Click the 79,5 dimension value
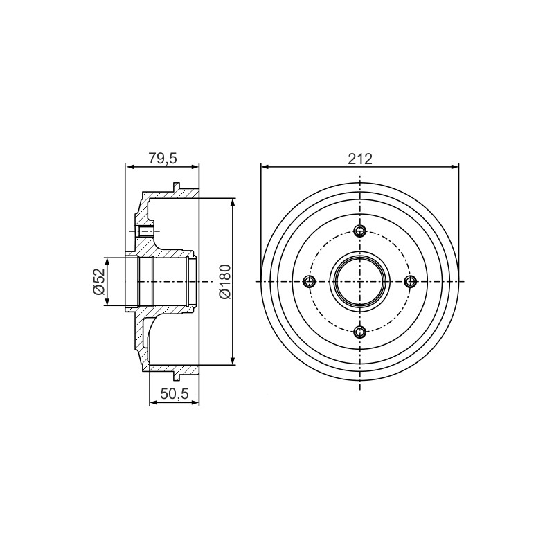pos(162,159)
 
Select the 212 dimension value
pos(360,159)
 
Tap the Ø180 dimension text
pos(224,282)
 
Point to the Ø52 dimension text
pos(98,281)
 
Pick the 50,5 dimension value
pos(175,393)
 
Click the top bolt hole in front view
pos(359,231)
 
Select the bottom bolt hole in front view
pos(359,332)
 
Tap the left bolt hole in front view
pos(310,282)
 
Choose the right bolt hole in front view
pos(410,282)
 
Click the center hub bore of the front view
pos(359,282)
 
